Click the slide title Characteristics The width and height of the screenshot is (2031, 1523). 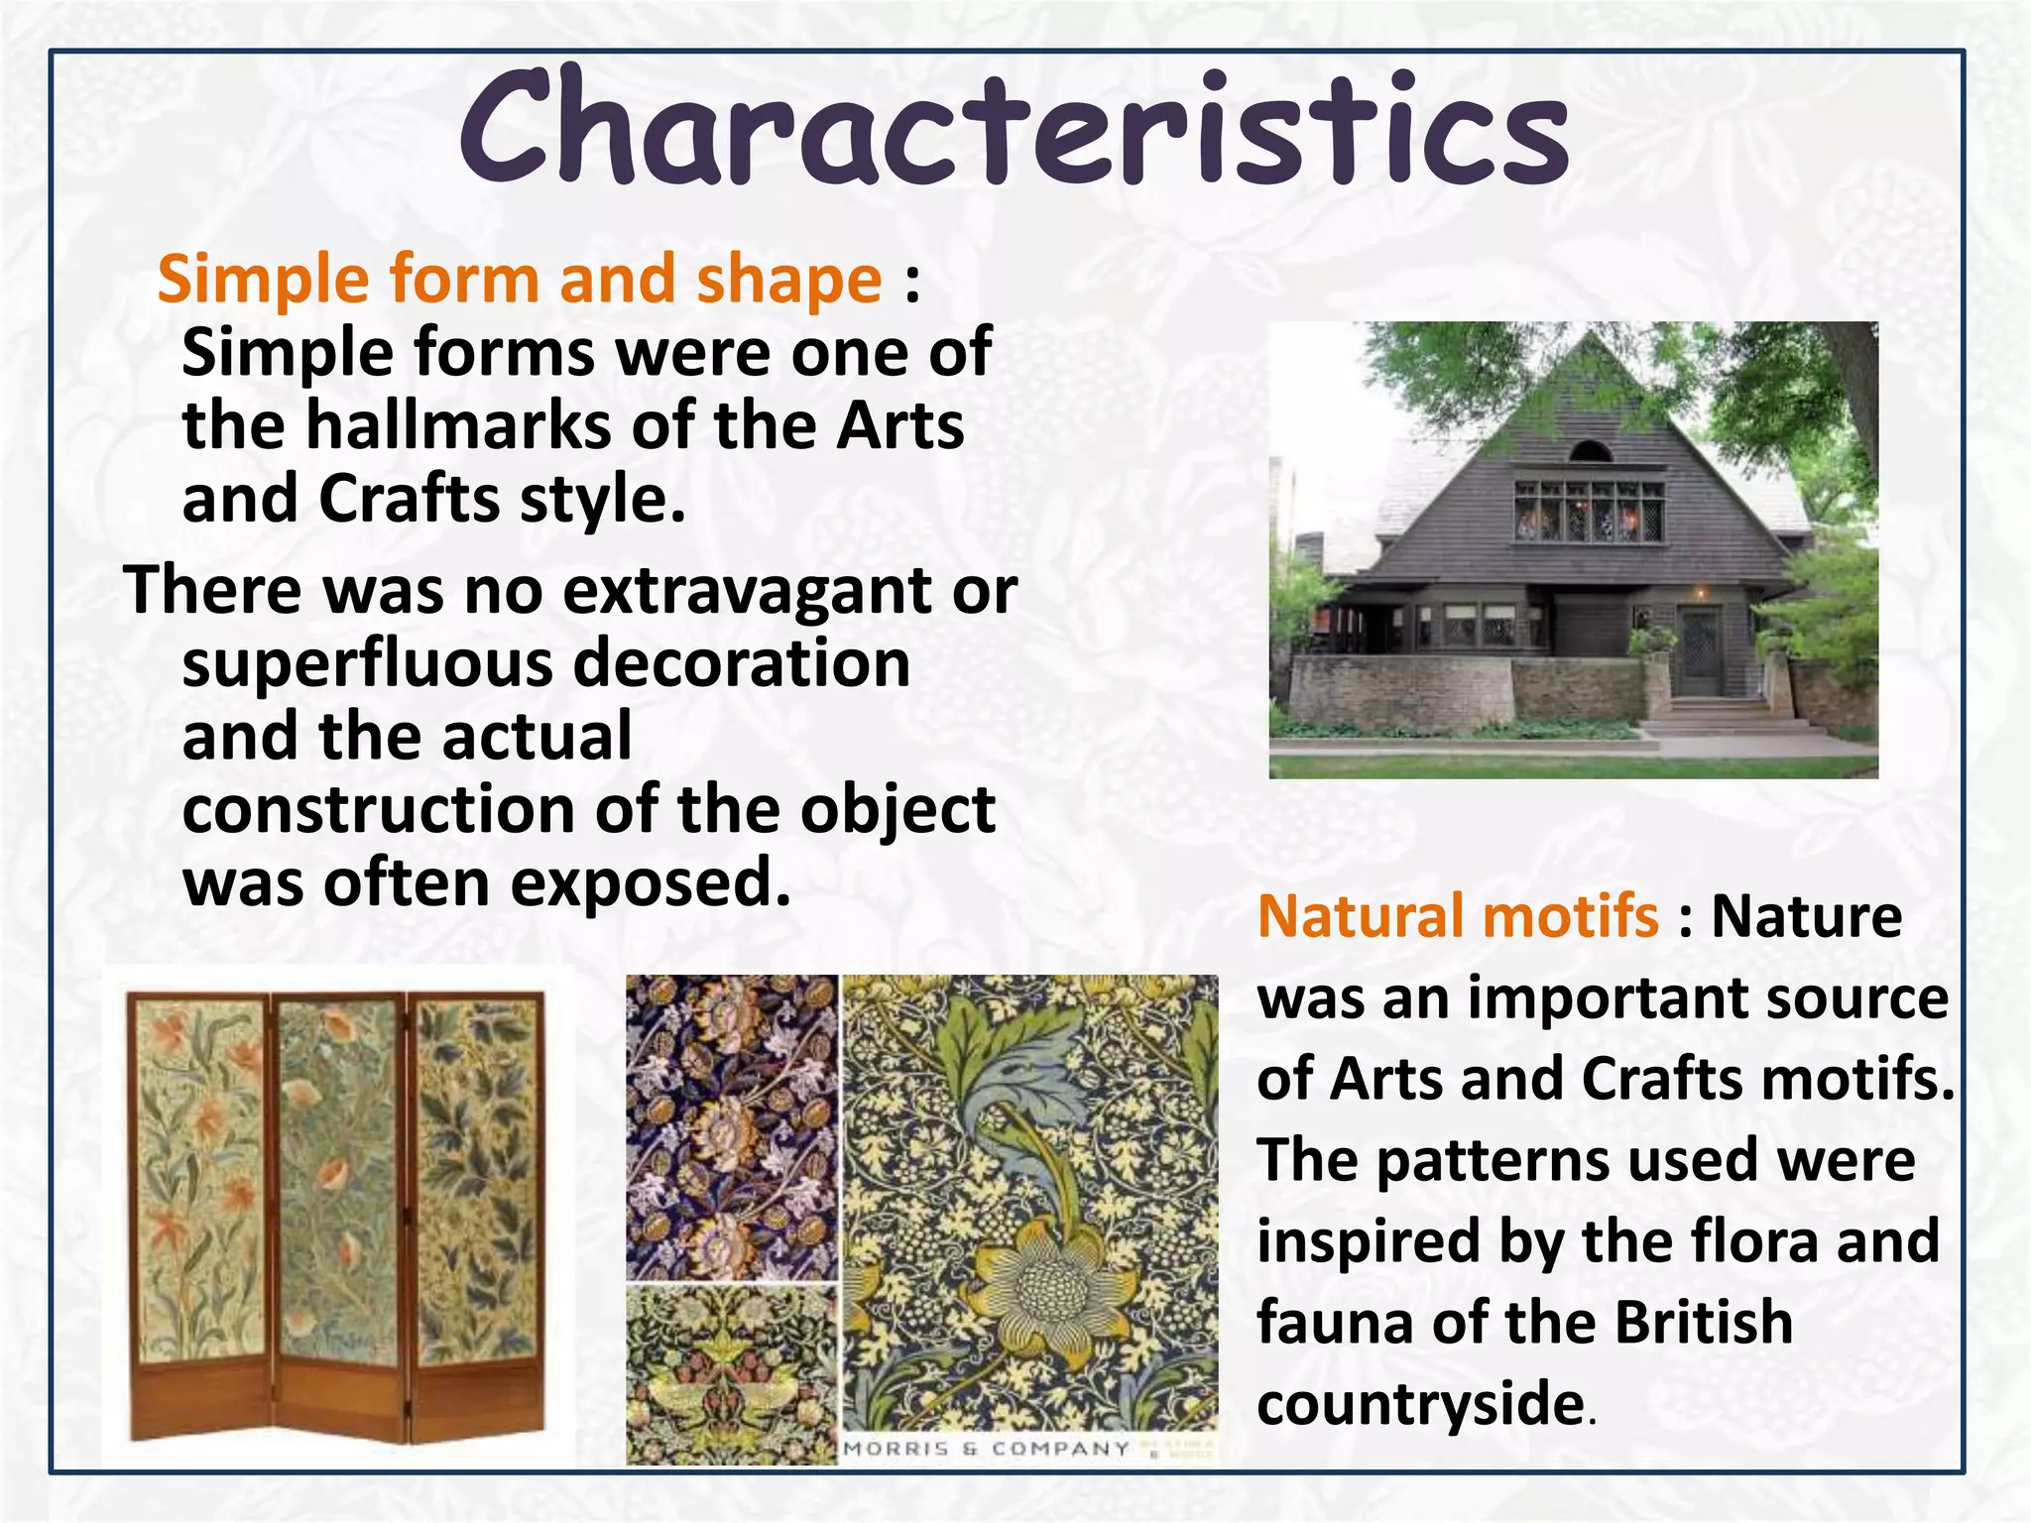click(x=1014, y=129)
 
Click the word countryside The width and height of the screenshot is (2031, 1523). click(x=1420, y=1404)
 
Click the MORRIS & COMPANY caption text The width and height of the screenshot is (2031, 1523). click(x=986, y=1449)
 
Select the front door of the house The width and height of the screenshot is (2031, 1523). click(x=1700, y=651)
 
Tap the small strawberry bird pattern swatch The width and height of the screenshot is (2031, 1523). click(x=732, y=1373)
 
